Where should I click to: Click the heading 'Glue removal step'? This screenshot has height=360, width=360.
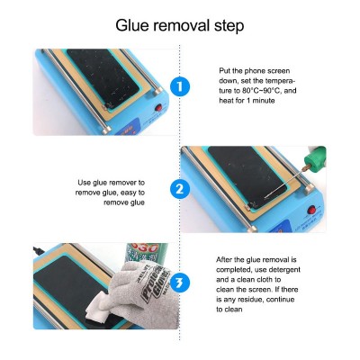tap(179, 26)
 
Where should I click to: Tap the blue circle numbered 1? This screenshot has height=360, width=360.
tap(180, 86)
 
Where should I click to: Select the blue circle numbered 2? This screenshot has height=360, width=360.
tap(180, 189)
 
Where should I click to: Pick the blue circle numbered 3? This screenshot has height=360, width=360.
tap(180, 283)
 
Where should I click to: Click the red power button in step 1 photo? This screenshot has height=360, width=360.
tap(158, 108)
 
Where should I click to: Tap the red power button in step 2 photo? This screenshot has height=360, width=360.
tap(313, 210)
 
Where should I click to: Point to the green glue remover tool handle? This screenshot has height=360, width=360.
tap(314, 157)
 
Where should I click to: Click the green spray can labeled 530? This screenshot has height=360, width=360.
tap(148, 253)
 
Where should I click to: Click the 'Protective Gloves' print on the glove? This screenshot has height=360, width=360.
tap(156, 282)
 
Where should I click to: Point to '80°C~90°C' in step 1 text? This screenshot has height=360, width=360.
tap(265, 91)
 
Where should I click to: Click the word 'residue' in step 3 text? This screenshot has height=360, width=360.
tap(250, 300)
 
